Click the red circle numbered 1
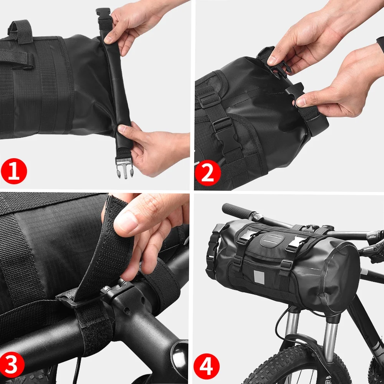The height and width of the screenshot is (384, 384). [x=14, y=171]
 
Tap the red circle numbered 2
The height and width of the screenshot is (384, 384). [x=207, y=173]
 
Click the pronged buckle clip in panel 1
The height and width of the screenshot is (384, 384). [x=124, y=168]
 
